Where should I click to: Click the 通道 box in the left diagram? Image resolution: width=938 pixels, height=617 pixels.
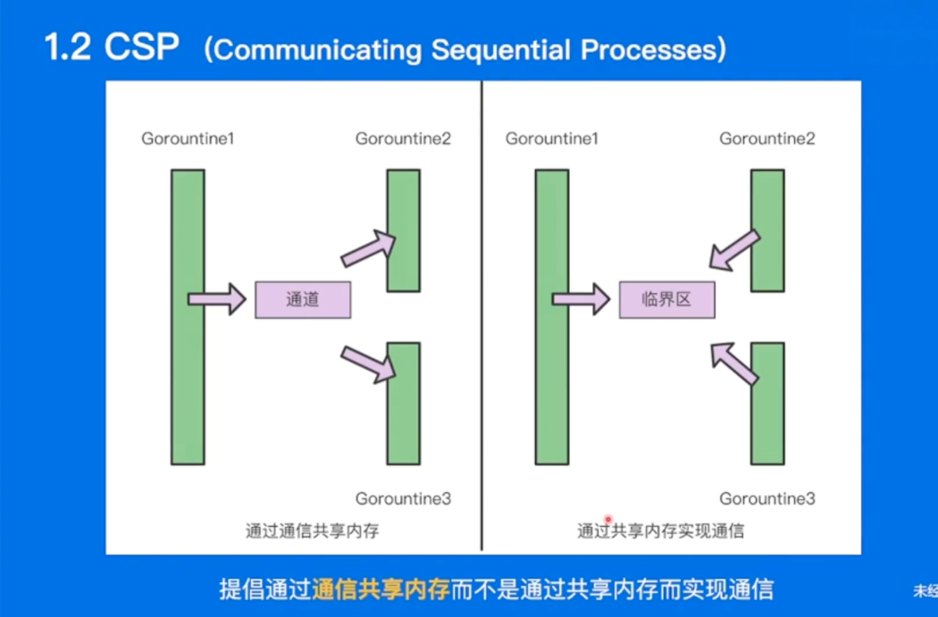[x=303, y=299]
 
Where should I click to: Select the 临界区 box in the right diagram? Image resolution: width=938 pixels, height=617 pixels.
[x=666, y=299]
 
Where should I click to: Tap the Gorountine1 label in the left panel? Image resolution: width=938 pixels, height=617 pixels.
[x=188, y=138]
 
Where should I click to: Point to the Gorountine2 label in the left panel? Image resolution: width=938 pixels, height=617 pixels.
[x=403, y=138]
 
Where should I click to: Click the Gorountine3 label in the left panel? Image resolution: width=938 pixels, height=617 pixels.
[x=403, y=498]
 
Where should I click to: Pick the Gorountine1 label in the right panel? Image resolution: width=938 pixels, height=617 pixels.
[x=551, y=138]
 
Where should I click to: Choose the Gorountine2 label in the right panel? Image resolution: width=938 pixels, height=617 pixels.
[x=766, y=138]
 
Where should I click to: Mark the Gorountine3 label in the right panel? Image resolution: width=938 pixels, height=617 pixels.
[x=766, y=498]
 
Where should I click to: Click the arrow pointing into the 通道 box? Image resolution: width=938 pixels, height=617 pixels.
[x=216, y=299]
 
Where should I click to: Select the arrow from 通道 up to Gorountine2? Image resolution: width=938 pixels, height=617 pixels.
[x=368, y=247]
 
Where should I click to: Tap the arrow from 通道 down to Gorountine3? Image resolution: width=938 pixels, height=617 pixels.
[x=368, y=364]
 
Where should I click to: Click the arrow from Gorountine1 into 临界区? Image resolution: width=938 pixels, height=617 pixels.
[x=581, y=299]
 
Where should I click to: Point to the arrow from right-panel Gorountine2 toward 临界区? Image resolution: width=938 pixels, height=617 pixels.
[x=734, y=251]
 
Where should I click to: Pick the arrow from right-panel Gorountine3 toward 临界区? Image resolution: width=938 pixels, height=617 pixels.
[x=734, y=363]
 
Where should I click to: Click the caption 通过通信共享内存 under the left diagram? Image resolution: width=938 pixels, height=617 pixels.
[x=313, y=531]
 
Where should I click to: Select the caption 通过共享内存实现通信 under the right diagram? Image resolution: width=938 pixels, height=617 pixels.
[x=660, y=531]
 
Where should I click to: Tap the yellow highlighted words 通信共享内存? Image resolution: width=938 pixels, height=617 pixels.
[x=381, y=589]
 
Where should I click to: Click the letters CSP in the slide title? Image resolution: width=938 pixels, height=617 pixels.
[x=142, y=46]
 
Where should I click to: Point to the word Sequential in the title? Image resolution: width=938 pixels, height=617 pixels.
[x=501, y=49]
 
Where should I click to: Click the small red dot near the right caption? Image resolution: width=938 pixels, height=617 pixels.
[x=608, y=520]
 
